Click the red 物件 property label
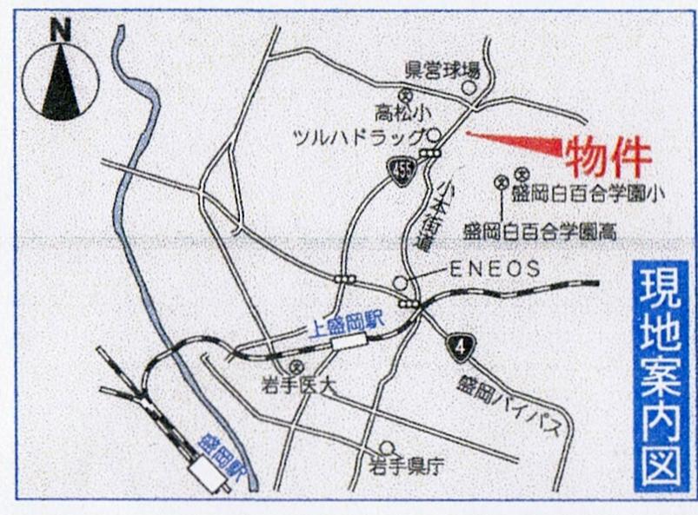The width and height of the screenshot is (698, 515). (608, 157)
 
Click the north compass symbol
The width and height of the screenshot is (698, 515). (60, 78)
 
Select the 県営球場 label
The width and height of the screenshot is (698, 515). (442, 69)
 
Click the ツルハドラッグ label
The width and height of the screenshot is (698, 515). (359, 137)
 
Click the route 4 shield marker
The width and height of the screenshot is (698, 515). (460, 347)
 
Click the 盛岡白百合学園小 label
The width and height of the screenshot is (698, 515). (588, 194)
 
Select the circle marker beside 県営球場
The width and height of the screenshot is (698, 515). (469, 87)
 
